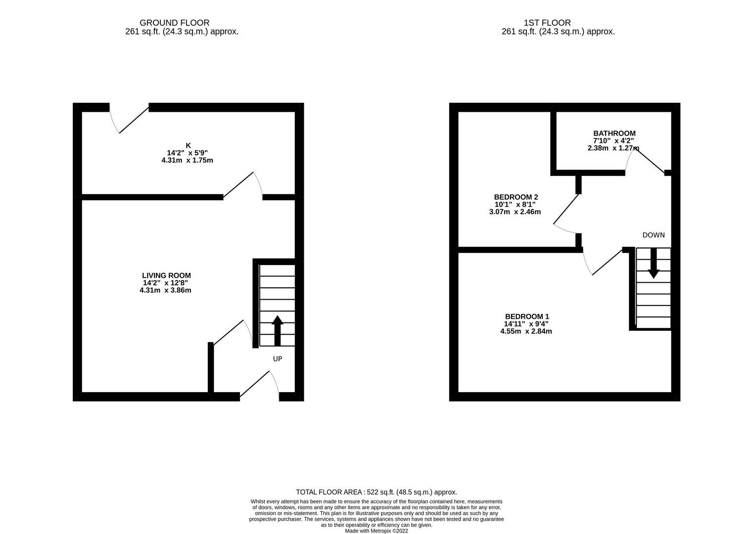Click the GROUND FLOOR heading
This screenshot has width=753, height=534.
pos(174,23)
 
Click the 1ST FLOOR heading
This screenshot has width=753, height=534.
pos(547,23)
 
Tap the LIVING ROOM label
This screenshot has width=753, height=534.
pos(166,275)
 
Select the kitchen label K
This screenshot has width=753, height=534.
pos(188,145)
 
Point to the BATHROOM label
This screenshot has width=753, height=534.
pos(614,133)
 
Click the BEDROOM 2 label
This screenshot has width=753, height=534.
pos(515,197)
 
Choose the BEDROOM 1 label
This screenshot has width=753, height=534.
pos(526,316)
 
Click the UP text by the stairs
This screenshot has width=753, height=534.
pos(278,358)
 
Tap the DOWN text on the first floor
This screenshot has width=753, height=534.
pos(653,235)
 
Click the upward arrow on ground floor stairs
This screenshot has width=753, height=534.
pos(277,330)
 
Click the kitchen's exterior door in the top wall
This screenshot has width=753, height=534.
pos(130,120)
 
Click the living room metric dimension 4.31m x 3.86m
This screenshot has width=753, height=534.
pos(165,290)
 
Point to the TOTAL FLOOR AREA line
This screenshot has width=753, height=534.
pos(376,492)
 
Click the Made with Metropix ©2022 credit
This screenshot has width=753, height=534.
pos(376,531)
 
